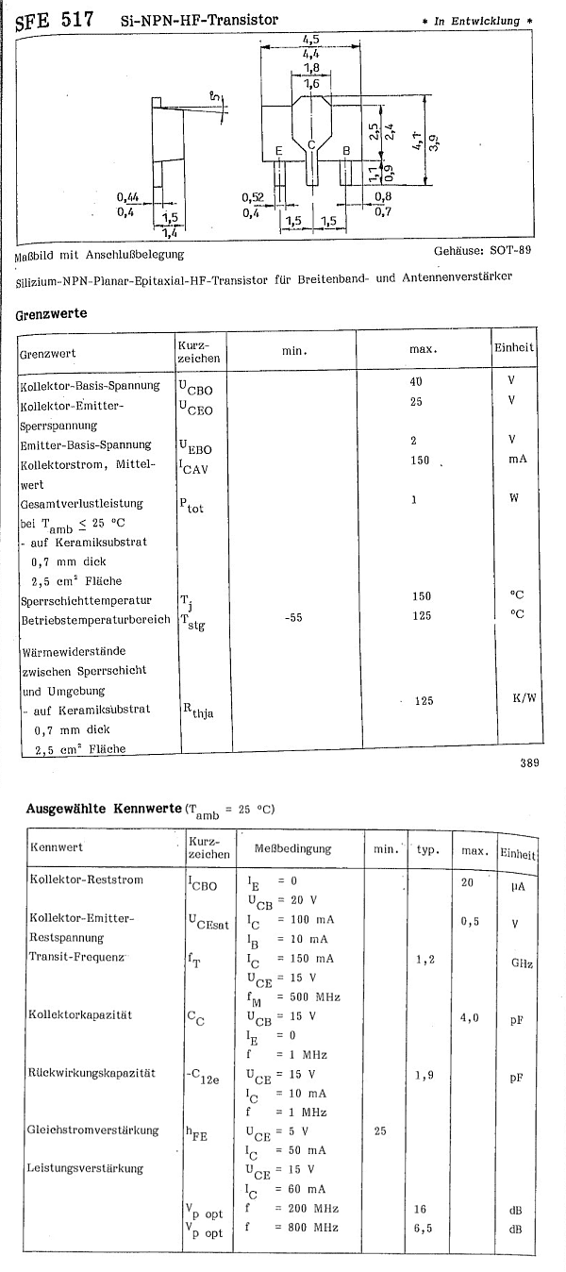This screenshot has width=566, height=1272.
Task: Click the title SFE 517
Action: coord(54,18)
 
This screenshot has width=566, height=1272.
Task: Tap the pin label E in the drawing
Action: coord(278,151)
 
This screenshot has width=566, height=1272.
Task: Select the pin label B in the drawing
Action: coord(346,151)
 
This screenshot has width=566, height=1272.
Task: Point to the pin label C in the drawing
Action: coord(310,144)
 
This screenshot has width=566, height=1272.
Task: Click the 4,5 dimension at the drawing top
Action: coord(309,39)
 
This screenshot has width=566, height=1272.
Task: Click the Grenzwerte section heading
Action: coord(52,315)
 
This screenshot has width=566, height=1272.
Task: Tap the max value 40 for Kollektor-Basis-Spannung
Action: coord(416,382)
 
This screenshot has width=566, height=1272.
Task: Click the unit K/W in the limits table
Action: coord(524,700)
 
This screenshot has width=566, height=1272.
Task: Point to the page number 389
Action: coord(528,763)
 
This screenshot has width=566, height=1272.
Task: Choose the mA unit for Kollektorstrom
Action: coord(514,460)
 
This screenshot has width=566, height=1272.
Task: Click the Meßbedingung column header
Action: coord(292,848)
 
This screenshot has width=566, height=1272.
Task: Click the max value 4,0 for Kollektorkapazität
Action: coord(470,1018)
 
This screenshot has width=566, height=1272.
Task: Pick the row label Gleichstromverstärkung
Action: coord(93,1130)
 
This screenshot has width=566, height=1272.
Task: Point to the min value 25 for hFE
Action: coord(380,1130)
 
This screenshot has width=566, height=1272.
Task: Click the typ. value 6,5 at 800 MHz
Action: coord(424,1227)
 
